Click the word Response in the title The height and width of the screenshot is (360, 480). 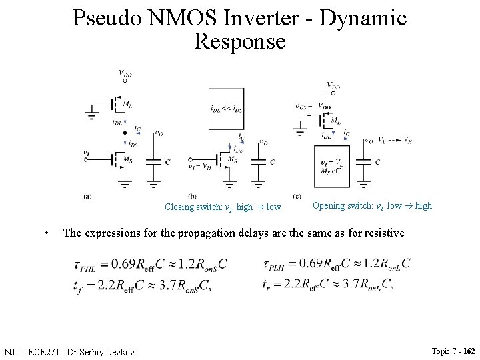pos(240,42)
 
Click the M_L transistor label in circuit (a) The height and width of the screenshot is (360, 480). pos(126,104)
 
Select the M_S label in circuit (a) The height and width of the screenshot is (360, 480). pos(126,159)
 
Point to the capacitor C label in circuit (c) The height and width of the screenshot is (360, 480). pos(377,162)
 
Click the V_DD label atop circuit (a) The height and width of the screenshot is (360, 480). pos(125,74)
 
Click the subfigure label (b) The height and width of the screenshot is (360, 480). pos(192,196)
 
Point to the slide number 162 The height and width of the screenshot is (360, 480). pos(469,351)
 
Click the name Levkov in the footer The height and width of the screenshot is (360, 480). pos(119,351)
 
